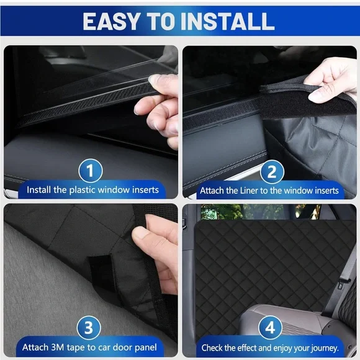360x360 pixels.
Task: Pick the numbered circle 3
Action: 91,327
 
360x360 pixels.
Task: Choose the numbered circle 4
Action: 271,327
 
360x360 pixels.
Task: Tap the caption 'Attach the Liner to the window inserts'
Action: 269,190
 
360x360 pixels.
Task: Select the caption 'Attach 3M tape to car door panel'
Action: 89,346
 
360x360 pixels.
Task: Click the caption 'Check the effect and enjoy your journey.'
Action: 269,346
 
